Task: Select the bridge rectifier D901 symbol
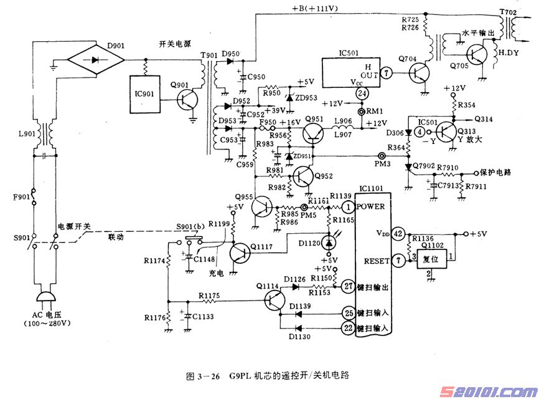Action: click(96, 61)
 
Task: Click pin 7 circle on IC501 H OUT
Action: click(386, 74)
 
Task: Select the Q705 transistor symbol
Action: click(479, 54)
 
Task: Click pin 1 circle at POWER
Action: click(349, 206)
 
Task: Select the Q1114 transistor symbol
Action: click(274, 300)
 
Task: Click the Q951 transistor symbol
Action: click(316, 132)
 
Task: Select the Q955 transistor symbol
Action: click(263, 206)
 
